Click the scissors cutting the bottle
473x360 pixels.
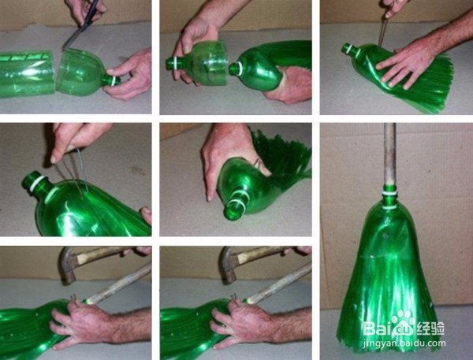(81, 24)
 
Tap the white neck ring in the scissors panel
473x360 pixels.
(114, 81)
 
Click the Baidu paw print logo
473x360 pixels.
(404, 323)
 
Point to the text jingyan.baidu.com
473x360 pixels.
(404, 343)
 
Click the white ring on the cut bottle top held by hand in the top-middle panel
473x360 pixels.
(175, 63)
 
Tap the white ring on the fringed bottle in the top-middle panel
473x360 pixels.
(238, 69)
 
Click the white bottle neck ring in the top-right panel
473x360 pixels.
(350, 49)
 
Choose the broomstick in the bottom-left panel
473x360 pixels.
(118, 284)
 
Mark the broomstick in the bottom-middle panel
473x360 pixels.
(278, 284)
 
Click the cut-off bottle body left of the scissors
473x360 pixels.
(27, 74)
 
